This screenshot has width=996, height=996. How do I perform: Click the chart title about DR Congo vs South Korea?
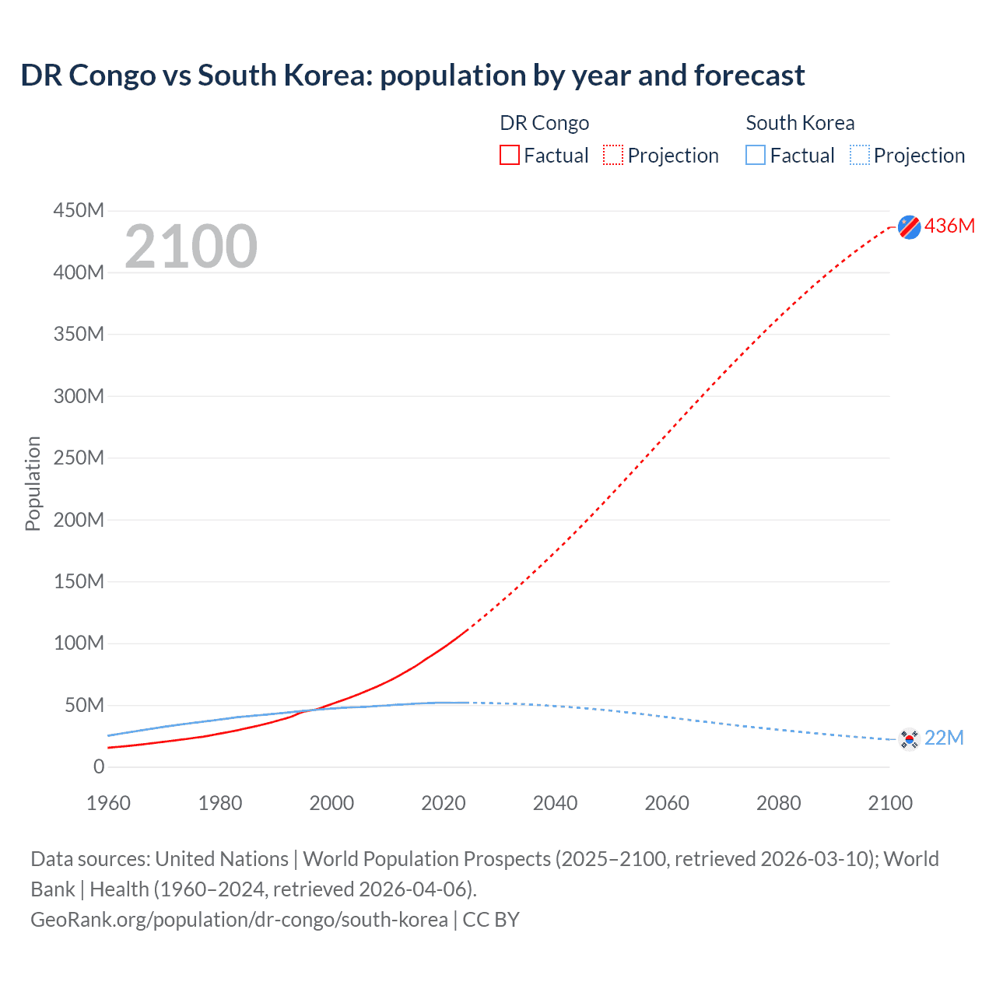click(412, 75)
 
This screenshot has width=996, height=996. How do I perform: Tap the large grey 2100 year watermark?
click(191, 247)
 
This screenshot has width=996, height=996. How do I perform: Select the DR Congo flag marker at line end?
click(909, 226)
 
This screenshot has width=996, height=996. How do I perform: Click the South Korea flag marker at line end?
click(909, 738)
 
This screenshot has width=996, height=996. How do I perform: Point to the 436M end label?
click(949, 226)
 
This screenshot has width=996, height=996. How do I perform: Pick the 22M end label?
click(944, 738)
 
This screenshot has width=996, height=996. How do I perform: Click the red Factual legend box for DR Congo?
click(510, 156)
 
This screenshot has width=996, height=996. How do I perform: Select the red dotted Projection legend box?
click(613, 156)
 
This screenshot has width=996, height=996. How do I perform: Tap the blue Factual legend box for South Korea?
click(756, 156)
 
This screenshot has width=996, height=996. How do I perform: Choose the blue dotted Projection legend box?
click(859, 156)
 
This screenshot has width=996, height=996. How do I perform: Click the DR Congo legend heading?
click(544, 123)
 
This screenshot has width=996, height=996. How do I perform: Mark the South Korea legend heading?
click(800, 123)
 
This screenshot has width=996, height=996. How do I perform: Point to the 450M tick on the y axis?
click(79, 211)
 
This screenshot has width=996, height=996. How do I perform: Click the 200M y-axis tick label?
click(79, 520)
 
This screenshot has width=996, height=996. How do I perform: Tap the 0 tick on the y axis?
click(99, 767)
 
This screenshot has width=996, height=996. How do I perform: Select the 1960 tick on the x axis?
click(108, 803)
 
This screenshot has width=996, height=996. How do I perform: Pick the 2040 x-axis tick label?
click(555, 803)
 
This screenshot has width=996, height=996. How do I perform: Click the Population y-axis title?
click(33, 483)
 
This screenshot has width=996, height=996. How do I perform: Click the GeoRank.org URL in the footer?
click(239, 920)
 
